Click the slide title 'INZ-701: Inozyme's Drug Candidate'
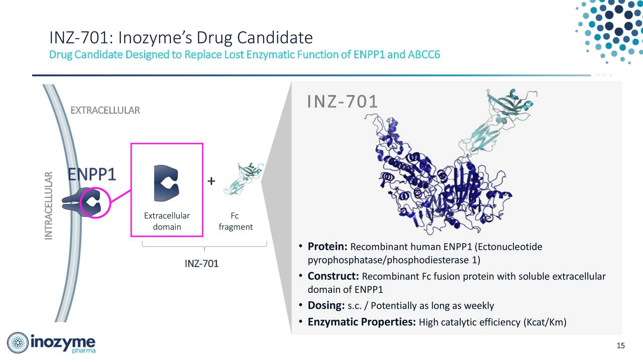pos(181,38)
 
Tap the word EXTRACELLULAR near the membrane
pos(105,110)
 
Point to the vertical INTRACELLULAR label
pos(49,206)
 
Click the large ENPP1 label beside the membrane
pos(92,174)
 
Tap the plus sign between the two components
pos(211,181)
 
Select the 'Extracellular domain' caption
pos(167,221)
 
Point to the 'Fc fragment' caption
pos(235,221)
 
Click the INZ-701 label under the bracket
pos(201,264)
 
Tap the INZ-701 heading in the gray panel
pos(342,102)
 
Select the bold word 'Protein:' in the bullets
pos(328,247)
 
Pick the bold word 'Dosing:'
pos(326,306)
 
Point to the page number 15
pos(620,345)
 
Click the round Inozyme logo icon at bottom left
pos(18,343)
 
